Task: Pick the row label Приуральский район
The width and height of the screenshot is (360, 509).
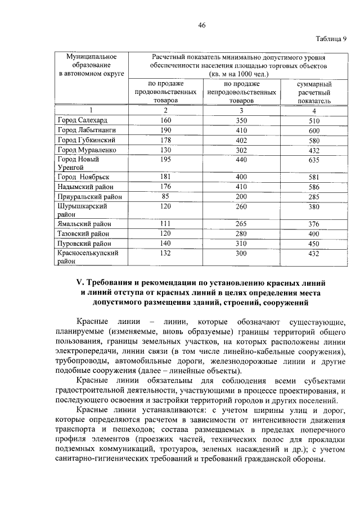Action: [89, 197]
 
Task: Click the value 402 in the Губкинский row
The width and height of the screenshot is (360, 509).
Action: [242, 140]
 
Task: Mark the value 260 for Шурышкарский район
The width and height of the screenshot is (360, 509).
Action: [242, 206]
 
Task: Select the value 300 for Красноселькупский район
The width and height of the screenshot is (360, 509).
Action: [242, 253]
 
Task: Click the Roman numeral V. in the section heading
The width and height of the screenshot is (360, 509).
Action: [80, 282]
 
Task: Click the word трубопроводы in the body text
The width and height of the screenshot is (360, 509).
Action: [84, 362]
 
